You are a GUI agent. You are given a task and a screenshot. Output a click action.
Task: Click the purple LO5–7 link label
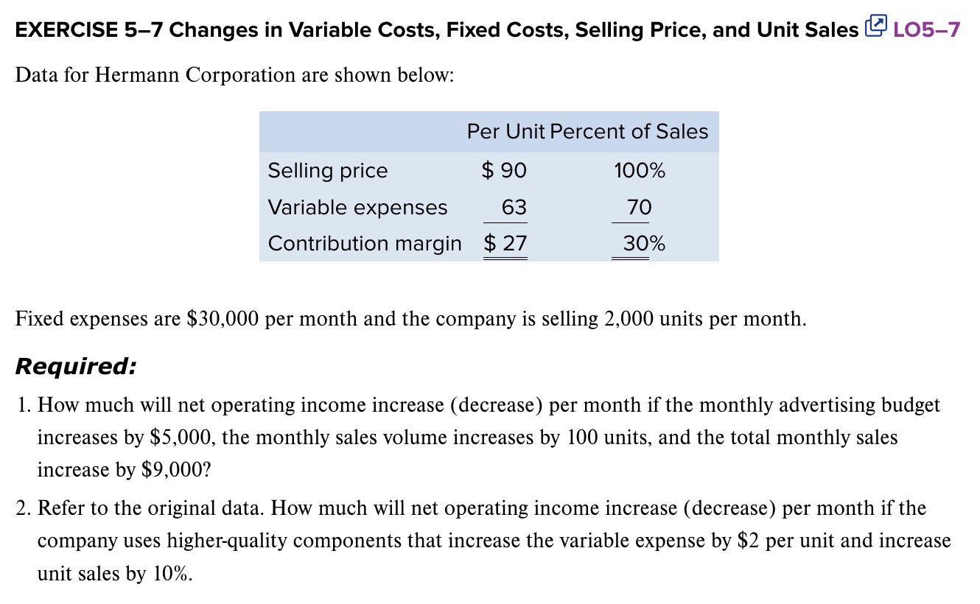pos(926,30)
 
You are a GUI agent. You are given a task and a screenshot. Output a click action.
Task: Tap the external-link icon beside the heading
pos(875,29)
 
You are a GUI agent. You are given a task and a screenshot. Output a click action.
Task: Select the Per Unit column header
pos(505,132)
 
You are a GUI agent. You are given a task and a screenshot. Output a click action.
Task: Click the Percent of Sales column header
pos(629,132)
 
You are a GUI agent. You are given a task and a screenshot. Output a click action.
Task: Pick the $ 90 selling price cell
pos(504,171)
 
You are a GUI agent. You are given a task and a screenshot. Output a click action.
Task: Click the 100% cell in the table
pos(639,171)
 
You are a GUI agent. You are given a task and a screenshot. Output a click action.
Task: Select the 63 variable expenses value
pos(514,207)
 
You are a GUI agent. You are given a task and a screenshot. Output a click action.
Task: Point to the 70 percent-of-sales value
pos(640,207)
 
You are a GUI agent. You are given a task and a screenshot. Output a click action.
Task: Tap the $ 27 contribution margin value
pos(505,243)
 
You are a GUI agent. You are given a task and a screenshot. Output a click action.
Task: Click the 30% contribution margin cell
pos(644,243)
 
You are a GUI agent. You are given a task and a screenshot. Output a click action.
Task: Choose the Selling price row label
pos(327,171)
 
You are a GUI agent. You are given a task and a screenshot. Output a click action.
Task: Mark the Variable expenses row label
pos(357,207)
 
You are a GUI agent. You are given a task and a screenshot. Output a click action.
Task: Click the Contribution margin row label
pos(365,243)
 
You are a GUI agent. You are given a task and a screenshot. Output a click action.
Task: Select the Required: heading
pos(75,366)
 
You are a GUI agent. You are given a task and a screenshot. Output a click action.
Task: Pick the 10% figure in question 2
pos(170,573)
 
